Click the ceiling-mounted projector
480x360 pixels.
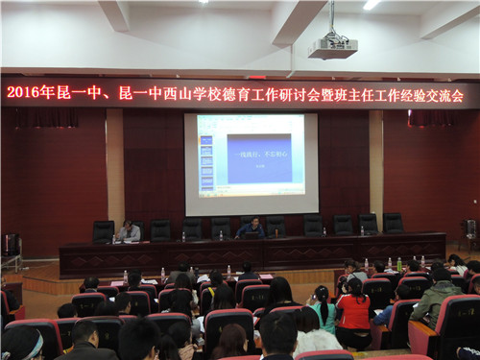[x=332, y=47]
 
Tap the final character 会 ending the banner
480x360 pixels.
[x=457, y=94]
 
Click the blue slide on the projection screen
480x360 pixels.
[x=258, y=156]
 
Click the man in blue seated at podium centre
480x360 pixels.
[x=252, y=228]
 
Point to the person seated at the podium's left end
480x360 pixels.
[x=127, y=231]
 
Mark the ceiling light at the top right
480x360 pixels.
[x=371, y=5]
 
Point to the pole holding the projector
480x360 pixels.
[x=331, y=19]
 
